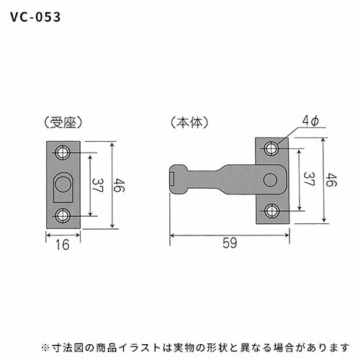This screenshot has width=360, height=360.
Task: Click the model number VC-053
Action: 35,17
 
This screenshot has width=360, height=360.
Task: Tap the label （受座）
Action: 63,122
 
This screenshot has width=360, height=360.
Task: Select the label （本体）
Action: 189,122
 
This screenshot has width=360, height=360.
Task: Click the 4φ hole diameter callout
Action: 310,121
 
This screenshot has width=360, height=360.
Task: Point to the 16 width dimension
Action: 63,245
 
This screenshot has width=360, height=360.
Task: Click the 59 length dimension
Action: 230,243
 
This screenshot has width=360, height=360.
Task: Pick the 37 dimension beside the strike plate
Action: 98,185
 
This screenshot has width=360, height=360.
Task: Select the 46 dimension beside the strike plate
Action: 120,185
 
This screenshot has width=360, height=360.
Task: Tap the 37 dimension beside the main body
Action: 309,179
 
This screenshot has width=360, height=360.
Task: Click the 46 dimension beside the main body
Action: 331,179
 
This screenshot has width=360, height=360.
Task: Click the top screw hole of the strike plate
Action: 63,153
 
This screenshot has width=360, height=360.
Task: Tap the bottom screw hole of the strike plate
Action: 63,215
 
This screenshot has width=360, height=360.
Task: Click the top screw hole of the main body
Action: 271,148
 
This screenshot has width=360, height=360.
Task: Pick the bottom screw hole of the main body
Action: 271,211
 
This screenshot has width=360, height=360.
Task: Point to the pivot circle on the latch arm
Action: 270,179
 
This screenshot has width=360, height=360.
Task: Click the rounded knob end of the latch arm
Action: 178,179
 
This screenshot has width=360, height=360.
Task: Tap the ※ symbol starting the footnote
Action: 45,347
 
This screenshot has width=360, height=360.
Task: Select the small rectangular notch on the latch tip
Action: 172,179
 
